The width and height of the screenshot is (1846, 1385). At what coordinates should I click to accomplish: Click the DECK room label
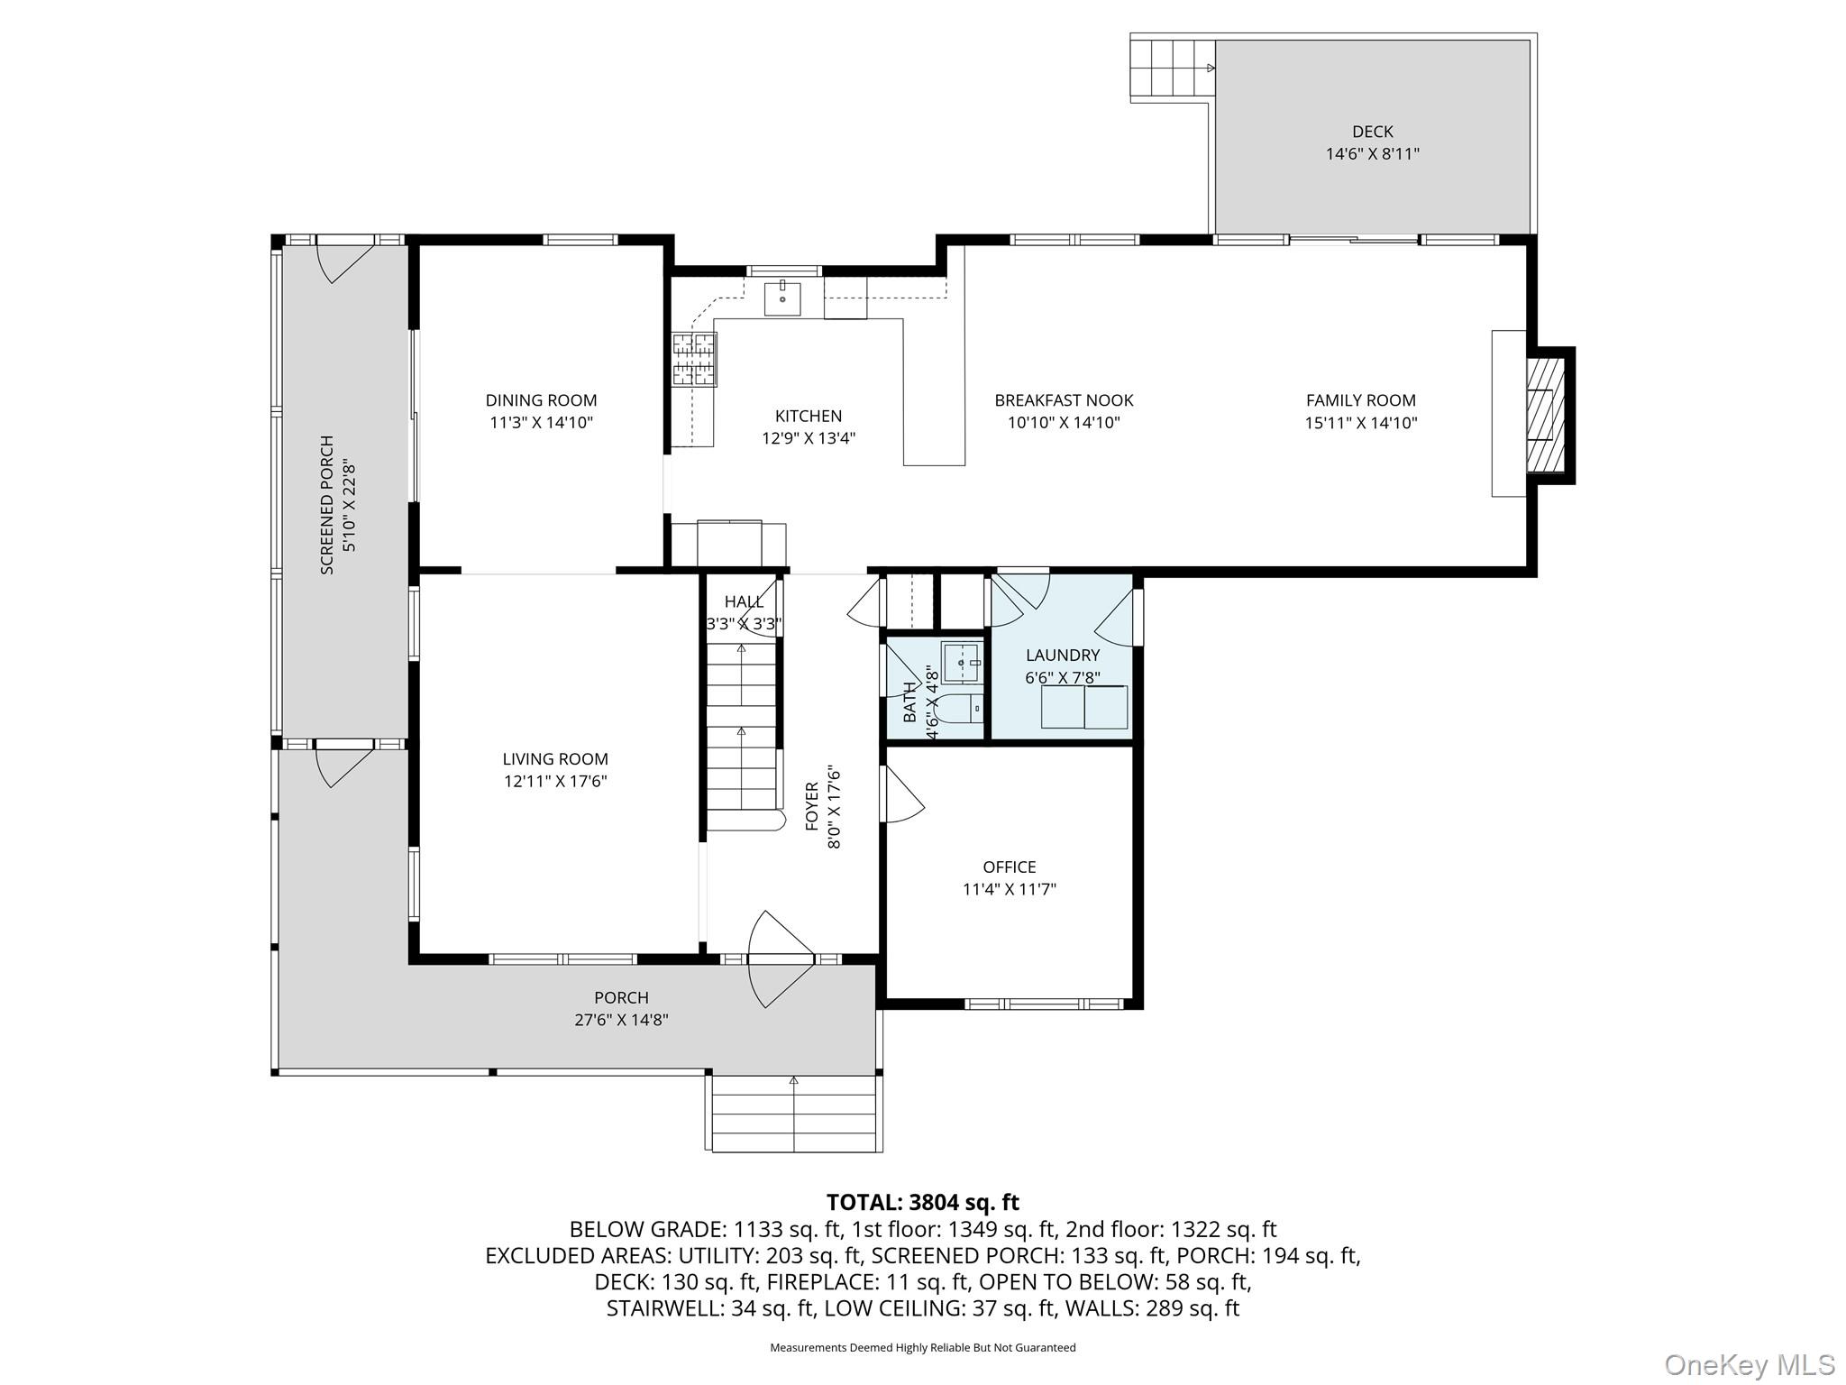1372,132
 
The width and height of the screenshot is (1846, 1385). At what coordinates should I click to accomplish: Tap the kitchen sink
782,298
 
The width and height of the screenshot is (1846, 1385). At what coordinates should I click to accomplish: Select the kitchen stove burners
694,359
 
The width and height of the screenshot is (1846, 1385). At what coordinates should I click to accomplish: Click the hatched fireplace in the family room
1545,415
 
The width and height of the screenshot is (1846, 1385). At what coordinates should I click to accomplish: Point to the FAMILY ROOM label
1361,400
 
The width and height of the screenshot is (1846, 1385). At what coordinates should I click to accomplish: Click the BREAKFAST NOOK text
1064,400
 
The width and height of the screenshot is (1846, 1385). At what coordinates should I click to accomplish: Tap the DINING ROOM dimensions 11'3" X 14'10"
541,422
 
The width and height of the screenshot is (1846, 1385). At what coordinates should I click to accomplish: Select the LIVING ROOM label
555,759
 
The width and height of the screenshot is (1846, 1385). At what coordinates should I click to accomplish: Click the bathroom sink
963,663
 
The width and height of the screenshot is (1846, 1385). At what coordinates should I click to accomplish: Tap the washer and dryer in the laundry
1084,707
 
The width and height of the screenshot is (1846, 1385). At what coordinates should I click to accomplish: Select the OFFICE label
1010,867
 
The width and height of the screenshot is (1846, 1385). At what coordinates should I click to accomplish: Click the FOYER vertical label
811,806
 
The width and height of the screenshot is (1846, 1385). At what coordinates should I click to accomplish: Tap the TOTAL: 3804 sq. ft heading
923,1202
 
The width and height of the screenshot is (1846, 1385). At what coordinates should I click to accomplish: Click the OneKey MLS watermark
1750,1364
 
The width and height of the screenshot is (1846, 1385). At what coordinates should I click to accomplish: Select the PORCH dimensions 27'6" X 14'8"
621,1020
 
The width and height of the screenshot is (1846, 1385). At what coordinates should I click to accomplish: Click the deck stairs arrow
1211,68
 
